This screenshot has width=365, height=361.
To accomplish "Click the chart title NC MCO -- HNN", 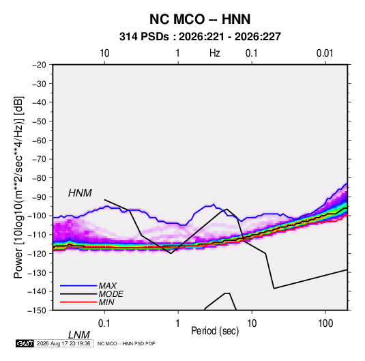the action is point(200,19).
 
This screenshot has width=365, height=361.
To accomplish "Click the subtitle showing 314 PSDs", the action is point(200,37).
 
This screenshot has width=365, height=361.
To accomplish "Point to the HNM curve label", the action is point(80,193).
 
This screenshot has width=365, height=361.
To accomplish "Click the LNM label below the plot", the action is point(78,335).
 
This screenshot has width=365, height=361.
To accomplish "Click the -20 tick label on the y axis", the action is point(39,65).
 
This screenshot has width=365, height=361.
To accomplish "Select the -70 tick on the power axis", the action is point(39,159).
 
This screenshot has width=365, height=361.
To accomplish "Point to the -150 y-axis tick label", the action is point(37,311).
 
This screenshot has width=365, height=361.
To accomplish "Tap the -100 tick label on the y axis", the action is point(37,216).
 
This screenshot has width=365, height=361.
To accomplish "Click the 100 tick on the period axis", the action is point(325,323).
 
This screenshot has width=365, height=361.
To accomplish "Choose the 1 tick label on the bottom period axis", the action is point(178,323).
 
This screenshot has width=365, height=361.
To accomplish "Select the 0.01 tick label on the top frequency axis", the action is point(325,53).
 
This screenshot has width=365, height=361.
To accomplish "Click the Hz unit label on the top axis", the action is point(215,53).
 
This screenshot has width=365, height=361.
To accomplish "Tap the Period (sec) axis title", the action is point(215,331).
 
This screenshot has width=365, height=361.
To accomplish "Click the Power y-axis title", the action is point(18,188).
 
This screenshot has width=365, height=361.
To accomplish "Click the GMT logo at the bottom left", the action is point(25,343).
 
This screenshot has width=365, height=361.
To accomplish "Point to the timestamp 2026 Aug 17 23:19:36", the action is point(63,343).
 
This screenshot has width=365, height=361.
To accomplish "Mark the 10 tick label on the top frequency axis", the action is point(104,53).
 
